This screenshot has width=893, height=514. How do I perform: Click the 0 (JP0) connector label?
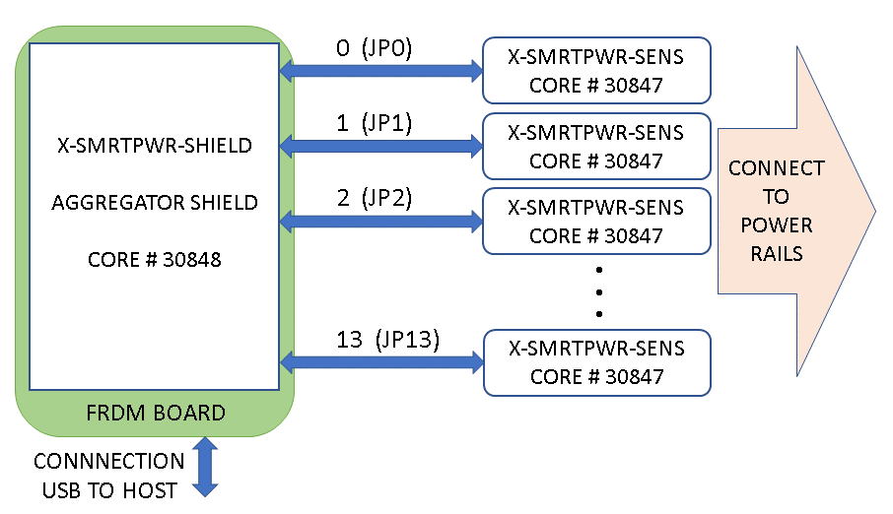click(x=374, y=48)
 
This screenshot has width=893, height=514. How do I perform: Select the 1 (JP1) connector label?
click(x=374, y=123)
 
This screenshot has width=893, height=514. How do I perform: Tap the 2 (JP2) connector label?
click(x=374, y=198)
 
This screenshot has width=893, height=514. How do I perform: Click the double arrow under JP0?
click(x=380, y=70)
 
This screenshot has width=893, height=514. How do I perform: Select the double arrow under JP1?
click(x=380, y=146)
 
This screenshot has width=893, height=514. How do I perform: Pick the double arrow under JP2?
click(x=380, y=221)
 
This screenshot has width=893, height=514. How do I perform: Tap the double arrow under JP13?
click(x=380, y=362)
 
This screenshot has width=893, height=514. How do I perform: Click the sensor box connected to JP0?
click(x=595, y=71)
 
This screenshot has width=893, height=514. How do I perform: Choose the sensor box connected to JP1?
click(x=595, y=146)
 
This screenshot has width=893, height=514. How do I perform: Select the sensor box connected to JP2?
click(x=595, y=222)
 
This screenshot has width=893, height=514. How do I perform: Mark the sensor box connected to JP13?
click(x=595, y=362)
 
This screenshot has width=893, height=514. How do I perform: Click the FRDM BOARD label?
click(x=154, y=413)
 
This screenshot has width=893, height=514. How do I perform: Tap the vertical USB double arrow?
click(x=205, y=467)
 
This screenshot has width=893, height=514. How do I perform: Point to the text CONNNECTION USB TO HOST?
click(x=109, y=476)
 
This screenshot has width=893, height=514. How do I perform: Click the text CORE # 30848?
click(x=154, y=260)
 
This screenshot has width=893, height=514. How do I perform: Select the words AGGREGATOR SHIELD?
click(x=154, y=203)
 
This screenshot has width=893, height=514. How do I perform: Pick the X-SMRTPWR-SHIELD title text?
click(x=154, y=147)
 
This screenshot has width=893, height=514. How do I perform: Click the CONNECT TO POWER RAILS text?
click(x=776, y=211)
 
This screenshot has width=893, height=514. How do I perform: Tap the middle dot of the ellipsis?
click(x=598, y=291)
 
